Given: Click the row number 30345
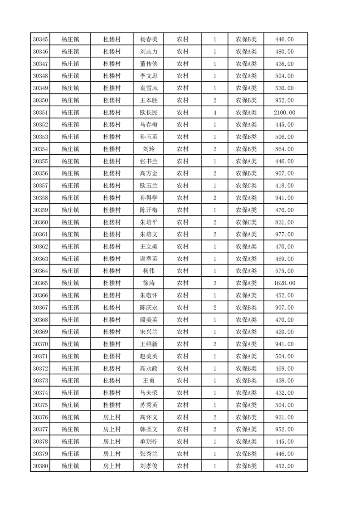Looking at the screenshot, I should [x=40, y=39].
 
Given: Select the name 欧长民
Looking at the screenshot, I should [x=149, y=113].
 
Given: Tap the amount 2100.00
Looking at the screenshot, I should [x=284, y=113].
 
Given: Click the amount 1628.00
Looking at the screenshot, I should [x=284, y=283].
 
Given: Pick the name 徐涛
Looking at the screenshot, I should [x=149, y=283].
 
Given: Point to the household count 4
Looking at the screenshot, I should [x=214, y=113].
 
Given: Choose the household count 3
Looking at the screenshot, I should [x=214, y=283].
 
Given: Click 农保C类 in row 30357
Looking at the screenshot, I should [x=246, y=186].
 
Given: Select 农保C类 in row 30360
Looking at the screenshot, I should [x=246, y=222].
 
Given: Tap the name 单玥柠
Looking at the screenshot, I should [x=149, y=441].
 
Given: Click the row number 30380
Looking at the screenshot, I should [x=40, y=466].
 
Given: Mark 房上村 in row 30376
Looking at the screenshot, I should [x=112, y=417].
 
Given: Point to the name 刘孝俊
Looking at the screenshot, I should [x=149, y=466].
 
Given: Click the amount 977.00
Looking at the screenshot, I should [x=284, y=235].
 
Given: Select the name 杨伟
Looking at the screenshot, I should [x=149, y=271].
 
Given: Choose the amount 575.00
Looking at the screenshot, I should [x=284, y=271].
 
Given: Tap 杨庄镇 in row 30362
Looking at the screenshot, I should [x=70, y=246].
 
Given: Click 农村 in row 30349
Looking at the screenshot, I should [x=183, y=88].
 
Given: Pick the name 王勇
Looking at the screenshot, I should [x=149, y=381].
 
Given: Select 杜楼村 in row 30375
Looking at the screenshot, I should [x=112, y=405].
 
